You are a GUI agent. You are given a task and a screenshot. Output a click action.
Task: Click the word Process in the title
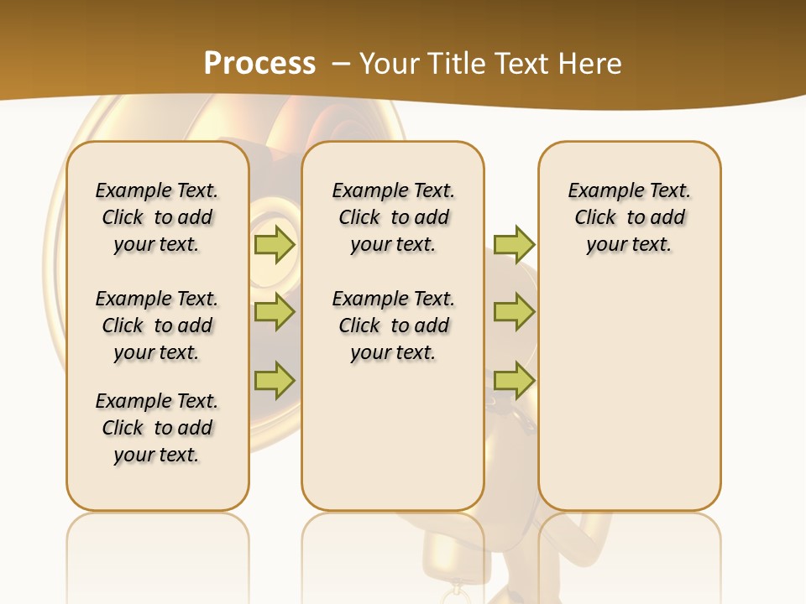pyautogui.click(x=259, y=63)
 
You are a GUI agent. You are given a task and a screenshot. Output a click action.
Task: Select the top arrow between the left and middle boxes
pyautogui.click(x=275, y=244)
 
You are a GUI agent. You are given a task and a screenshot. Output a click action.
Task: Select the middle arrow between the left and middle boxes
pyautogui.click(x=275, y=312)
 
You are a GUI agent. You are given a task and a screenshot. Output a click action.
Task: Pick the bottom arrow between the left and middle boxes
pyautogui.click(x=275, y=380)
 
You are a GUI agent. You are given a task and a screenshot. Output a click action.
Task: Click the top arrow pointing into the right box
pyautogui.click(x=514, y=244)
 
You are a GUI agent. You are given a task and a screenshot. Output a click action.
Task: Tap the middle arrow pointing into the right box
pyautogui.click(x=514, y=312)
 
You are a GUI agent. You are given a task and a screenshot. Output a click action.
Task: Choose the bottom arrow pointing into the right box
pyautogui.click(x=514, y=380)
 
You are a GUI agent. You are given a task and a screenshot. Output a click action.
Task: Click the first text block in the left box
pyautogui.click(x=157, y=217)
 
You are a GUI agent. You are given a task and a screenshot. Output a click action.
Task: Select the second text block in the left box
pyautogui.click(x=157, y=325)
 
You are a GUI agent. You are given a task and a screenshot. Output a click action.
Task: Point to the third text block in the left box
pyautogui.click(x=157, y=428)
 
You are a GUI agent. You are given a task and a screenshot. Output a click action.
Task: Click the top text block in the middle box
pyautogui.click(x=393, y=217)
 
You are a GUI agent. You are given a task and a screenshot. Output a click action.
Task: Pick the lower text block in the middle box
pyautogui.click(x=393, y=325)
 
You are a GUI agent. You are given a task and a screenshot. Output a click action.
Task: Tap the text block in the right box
pyautogui.click(x=629, y=217)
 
